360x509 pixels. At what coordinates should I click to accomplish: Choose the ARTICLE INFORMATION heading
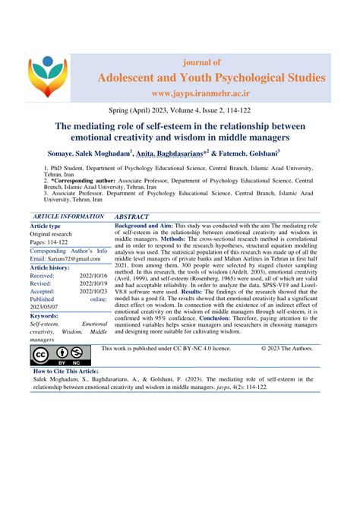coord(65,216)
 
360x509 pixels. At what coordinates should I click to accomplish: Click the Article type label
coord(46,226)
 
